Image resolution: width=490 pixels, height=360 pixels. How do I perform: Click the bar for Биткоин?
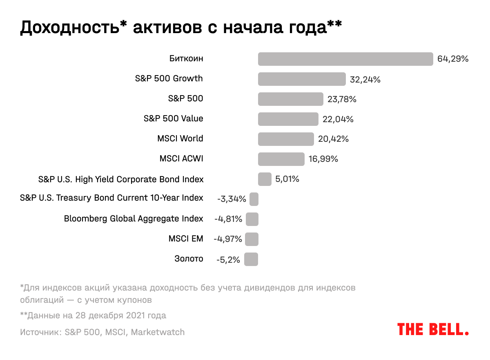345,59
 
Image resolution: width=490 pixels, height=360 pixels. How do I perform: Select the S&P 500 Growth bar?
302,79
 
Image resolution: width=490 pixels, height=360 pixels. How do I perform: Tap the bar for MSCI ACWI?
281,159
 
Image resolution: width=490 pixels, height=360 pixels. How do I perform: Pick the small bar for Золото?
251,259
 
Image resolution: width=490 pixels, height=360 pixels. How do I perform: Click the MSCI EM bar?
252,239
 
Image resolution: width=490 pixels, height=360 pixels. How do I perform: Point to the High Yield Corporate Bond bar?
265,179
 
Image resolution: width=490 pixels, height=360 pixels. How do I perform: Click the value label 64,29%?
452,59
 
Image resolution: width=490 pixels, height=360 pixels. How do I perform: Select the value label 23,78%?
342,99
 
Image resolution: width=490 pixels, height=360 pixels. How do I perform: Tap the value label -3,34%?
232,199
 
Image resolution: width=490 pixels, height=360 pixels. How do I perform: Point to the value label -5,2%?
228,259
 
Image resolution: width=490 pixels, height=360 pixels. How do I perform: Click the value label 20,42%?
333,139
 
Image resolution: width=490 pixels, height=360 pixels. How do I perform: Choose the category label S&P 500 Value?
173,119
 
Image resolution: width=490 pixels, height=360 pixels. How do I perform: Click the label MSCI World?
180,139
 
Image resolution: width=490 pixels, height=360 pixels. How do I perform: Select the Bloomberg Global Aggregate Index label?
134,219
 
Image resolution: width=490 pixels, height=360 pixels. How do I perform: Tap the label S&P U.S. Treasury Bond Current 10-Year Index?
111,198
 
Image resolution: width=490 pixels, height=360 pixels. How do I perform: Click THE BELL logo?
433,329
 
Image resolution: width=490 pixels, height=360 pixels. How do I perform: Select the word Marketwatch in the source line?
158,332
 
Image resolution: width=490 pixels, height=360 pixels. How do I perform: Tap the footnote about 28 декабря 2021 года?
93,315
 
